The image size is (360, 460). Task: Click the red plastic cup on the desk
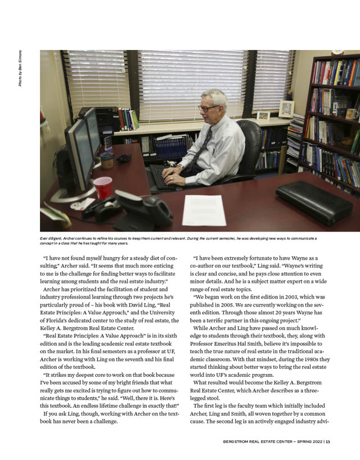pos(103,187)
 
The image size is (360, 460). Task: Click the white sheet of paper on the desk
pos(204,210)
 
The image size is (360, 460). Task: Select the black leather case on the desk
pos(314,201)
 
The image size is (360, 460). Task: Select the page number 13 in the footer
pos(328,441)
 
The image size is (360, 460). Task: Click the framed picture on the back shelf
pos(286,109)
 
